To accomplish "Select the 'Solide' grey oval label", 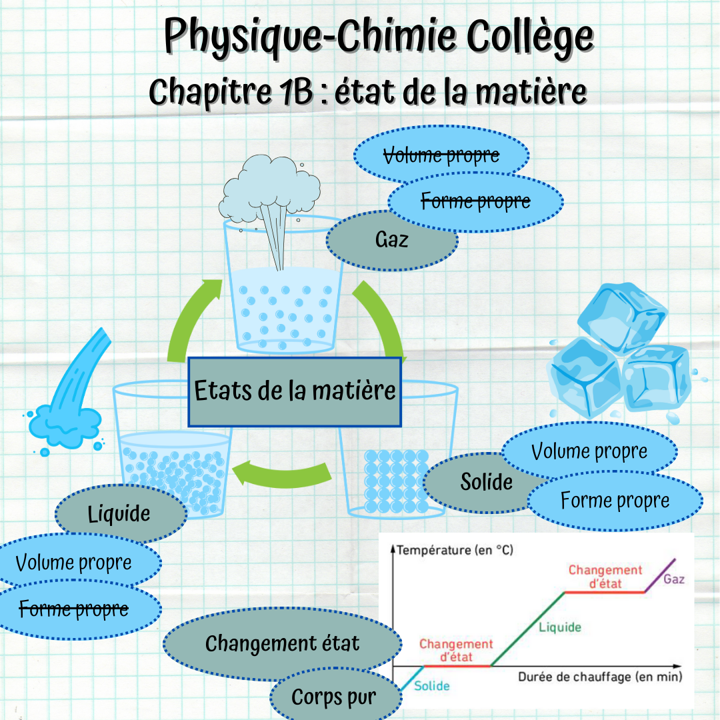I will click(x=487, y=482).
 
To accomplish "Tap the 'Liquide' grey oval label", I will click(x=119, y=513).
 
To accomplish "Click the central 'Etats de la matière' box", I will click(x=295, y=391).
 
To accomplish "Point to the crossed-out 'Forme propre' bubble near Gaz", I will click(x=476, y=201).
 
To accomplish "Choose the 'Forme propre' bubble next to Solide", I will click(x=615, y=501).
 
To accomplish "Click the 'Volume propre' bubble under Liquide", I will click(x=74, y=563).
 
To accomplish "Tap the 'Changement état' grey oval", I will click(x=282, y=643).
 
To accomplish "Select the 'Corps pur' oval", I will click(x=334, y=697).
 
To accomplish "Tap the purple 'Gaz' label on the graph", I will click(x=673, y=579).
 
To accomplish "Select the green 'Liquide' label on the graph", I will click(x=560, y=627).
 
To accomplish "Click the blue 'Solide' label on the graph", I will click(x=432, y=685).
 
